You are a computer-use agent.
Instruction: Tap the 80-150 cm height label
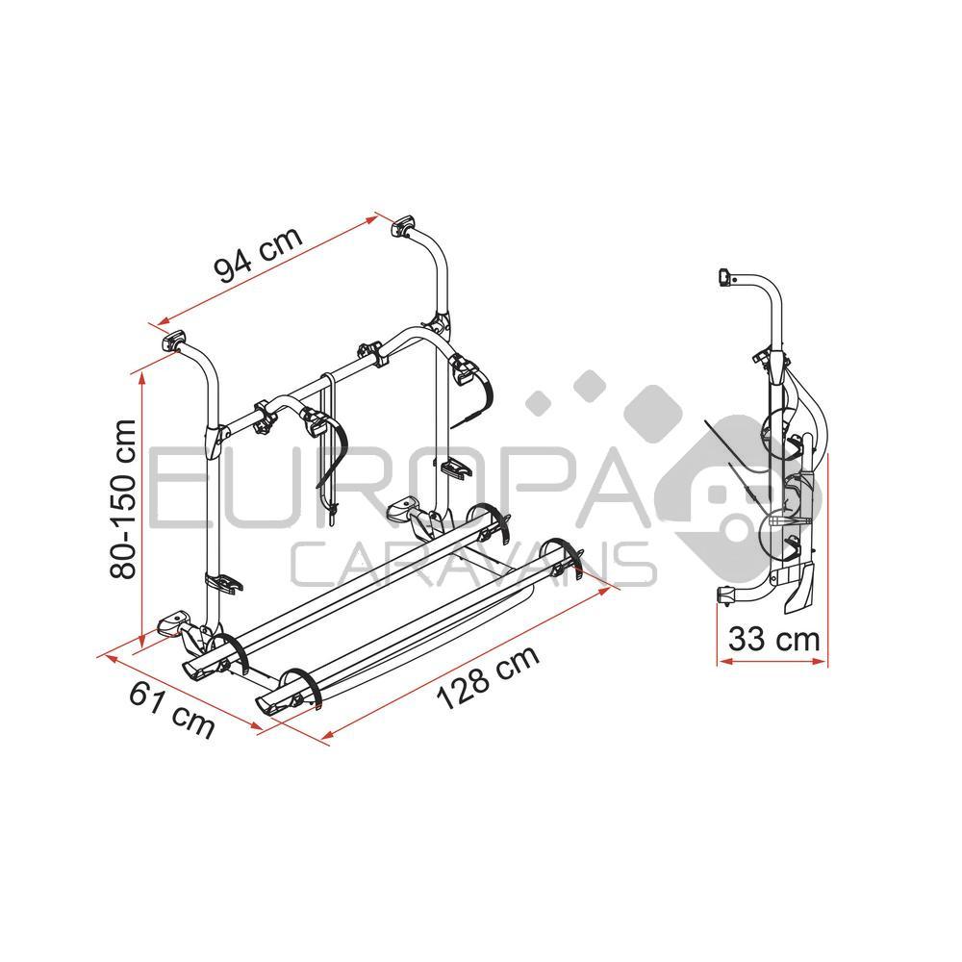(124, 497)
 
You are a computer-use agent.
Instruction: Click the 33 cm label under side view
(772, 638)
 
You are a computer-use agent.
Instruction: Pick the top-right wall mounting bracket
(402, 228)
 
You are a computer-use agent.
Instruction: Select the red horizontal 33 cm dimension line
(770, 663)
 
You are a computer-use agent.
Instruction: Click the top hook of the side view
(726, 277)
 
